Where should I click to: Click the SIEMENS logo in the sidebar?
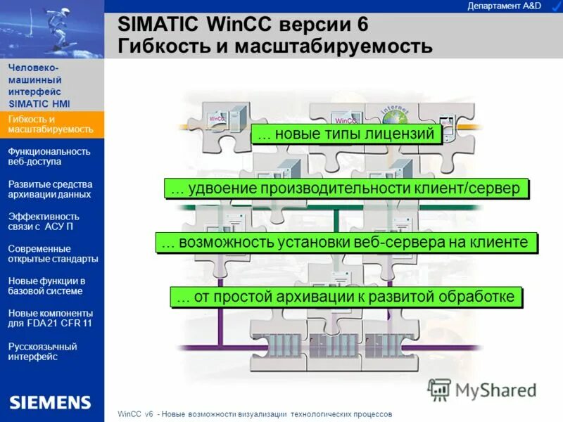tap(50, 402)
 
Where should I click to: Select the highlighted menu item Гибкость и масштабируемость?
tap(51, 124)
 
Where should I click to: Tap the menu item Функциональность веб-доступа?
tap(49, 156)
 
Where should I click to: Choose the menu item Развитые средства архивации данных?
tap(49, 189)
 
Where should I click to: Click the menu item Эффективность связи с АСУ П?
tap(44, 222)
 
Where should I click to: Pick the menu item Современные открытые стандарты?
tap(53, 253)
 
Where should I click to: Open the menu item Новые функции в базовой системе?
tap(46, 286)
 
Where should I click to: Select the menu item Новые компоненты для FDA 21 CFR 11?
tap(51, 318)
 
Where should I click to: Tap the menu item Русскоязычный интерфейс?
tap(42, 351)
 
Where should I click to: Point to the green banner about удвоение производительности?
tap(346, 188)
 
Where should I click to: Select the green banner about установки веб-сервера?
tap(346, 243)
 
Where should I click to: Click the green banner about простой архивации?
tap(346, 297)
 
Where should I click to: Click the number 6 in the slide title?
tap(362, 23)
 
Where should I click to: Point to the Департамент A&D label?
tap(504, 6)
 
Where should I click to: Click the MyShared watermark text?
tap(495, 390)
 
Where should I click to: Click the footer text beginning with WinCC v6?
tap(253, 414)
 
